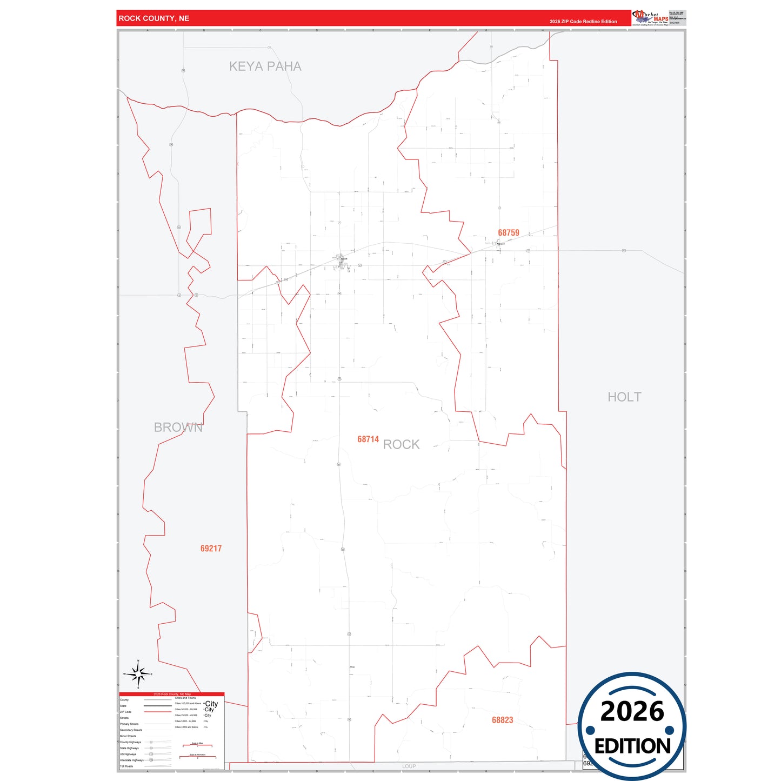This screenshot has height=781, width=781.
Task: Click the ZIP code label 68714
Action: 368,439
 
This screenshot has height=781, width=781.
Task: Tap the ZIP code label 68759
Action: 509,233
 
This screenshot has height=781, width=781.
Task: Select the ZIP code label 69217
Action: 211,549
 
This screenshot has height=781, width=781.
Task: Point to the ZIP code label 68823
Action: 503,720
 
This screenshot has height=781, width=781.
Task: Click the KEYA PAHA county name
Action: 265,66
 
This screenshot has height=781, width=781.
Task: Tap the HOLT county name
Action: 624,397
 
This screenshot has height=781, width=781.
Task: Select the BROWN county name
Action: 178,428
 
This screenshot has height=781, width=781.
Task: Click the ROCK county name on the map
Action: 401,445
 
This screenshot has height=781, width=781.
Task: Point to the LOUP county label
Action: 409,766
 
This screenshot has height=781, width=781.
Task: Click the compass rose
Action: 138,674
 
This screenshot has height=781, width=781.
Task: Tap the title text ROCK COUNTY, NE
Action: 154,18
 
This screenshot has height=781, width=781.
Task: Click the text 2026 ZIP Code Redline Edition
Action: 583,22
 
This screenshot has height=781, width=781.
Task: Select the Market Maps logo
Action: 650,18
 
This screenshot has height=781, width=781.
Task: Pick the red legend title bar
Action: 172,694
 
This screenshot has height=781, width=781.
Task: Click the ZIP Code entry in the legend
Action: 126,712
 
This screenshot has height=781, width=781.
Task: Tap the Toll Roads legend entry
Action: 126,766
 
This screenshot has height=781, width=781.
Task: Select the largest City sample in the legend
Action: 211,704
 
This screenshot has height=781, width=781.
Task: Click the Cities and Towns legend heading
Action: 185,698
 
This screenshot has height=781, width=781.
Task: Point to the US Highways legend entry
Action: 128,754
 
